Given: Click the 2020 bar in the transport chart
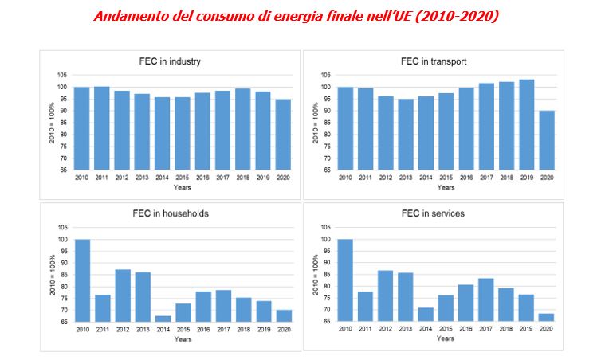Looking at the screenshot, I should click(x=546, y=140).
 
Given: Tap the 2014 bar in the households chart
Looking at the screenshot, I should click(x=163, y=319).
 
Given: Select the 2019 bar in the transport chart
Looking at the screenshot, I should click(x=525, y=125).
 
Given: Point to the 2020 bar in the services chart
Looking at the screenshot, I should click(x=546, y=317).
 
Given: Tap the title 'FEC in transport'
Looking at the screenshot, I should click(x=433, y=61).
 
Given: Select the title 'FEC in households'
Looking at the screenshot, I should click(x=170, y=213).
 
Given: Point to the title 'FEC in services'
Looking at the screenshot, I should click(x=433, y=213).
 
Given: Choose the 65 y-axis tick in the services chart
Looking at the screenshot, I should click(x=327, y=322).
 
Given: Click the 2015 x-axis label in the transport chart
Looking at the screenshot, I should click(x=446, y=177).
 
